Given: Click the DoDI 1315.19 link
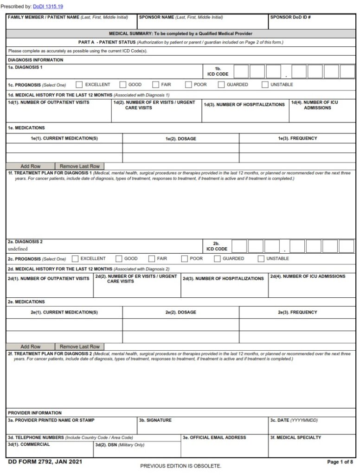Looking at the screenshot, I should [48, 6].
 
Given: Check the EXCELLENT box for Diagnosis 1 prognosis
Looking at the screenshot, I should [79, 85].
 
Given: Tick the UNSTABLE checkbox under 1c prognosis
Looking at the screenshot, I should [265, 85].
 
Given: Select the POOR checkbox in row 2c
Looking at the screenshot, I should [185, 259].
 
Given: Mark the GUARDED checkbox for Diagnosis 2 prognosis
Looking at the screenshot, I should [217, 259].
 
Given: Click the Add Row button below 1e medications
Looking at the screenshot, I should [31, 166].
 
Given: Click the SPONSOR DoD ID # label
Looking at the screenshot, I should [290, 17].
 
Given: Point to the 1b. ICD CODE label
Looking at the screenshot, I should [218, 71].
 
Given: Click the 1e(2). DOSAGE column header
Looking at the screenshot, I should [180, 138].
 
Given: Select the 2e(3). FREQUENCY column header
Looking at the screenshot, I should [297, 312].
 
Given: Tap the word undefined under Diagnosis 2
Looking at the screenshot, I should [18, 249].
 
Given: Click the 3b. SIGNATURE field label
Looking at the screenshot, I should [155, 420].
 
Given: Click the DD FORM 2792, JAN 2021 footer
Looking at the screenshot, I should [45, 462].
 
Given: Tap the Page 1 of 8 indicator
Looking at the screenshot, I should [340, 462].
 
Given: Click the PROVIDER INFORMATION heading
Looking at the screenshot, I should [35, 413].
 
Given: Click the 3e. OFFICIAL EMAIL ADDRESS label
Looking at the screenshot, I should [214, 437].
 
